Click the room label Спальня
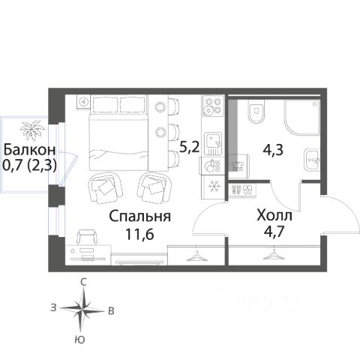click(x=140, y=217)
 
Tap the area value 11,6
click(x=139, y=234)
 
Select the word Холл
click(x=274, y=215)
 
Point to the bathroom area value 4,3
click(x=273, y=151)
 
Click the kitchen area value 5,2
click(x=190, y=147)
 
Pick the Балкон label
click(x=29, y=150)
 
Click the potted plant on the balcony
click(x=32, y=130)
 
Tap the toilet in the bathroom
click(x=256, y=111)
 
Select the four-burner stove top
click(x=213, y=106)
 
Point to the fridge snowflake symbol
click(x=214, y=187)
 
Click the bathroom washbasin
click(x=313, y=160)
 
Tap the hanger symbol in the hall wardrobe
click(x=274, y=255)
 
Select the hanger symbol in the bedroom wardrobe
click(x=197, y=256)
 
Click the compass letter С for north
click(x=83, y=282)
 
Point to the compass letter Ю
click(x=80, y=340)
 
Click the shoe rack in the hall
click(x=242, y=190)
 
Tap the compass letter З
click(x=53, y=307)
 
